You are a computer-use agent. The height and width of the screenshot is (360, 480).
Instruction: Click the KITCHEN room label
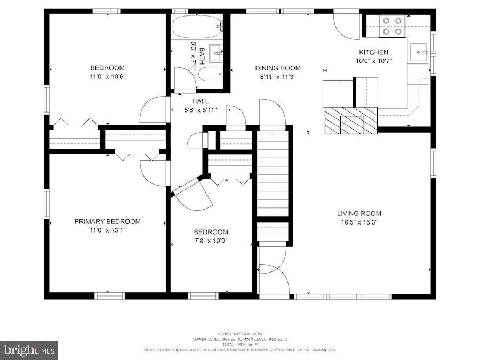[373, 52]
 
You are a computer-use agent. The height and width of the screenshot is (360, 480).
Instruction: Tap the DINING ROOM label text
[277, 68]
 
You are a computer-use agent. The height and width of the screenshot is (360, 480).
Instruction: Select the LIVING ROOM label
[359, 213]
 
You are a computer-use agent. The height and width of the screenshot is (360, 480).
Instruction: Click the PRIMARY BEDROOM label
[107, 221]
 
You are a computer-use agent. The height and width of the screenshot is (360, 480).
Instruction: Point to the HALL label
[201, 101]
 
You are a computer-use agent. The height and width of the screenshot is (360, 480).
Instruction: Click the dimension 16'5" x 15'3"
[359, 222]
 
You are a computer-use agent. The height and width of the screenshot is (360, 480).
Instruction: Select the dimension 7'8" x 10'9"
[211, 241]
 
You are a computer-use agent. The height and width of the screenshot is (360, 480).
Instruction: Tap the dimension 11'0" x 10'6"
[107, 76]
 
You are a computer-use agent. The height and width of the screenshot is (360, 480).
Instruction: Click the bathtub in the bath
[197, 25]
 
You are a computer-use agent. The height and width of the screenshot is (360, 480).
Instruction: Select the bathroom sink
[216, 52]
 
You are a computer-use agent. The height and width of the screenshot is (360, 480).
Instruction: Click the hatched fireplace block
[350, 121]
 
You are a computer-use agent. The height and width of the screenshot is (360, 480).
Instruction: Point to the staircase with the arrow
[273, 173]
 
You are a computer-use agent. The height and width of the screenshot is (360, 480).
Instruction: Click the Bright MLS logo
[29, 350]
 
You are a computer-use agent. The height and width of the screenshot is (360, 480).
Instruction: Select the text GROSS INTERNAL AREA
[239, 334]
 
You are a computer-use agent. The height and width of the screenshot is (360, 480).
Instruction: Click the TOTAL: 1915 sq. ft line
[239, 345]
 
